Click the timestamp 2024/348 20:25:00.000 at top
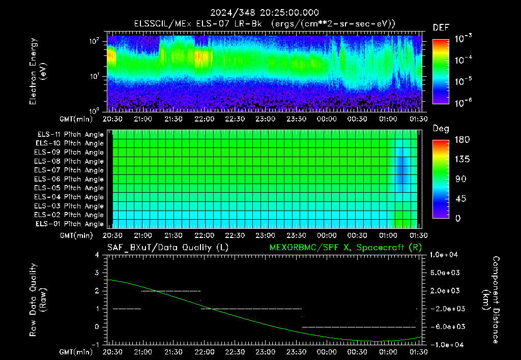tap(265, 13)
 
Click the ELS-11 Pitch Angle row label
tap(70, 135)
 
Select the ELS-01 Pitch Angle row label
tap(70, 224)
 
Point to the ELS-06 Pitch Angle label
tap(69, 179)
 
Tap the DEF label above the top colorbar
tap(441, 27)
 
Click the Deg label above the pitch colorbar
tap(441, 129)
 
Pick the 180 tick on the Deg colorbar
tap(462, 139)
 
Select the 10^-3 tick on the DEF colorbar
tap(463, 39)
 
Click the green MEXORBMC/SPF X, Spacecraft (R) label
tap(345, 248)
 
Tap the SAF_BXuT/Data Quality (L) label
tap(168, 248)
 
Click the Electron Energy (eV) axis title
tap(38, 71)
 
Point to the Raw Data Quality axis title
tap(38, 300)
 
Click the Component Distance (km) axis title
tap(491, 300)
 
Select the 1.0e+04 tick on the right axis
tap(444, 255)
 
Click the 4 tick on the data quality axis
tap(97, 255)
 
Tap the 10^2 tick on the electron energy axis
tap(94, 41)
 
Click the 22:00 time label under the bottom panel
tap(204, 352)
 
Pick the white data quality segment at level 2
tap(171, 291)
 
